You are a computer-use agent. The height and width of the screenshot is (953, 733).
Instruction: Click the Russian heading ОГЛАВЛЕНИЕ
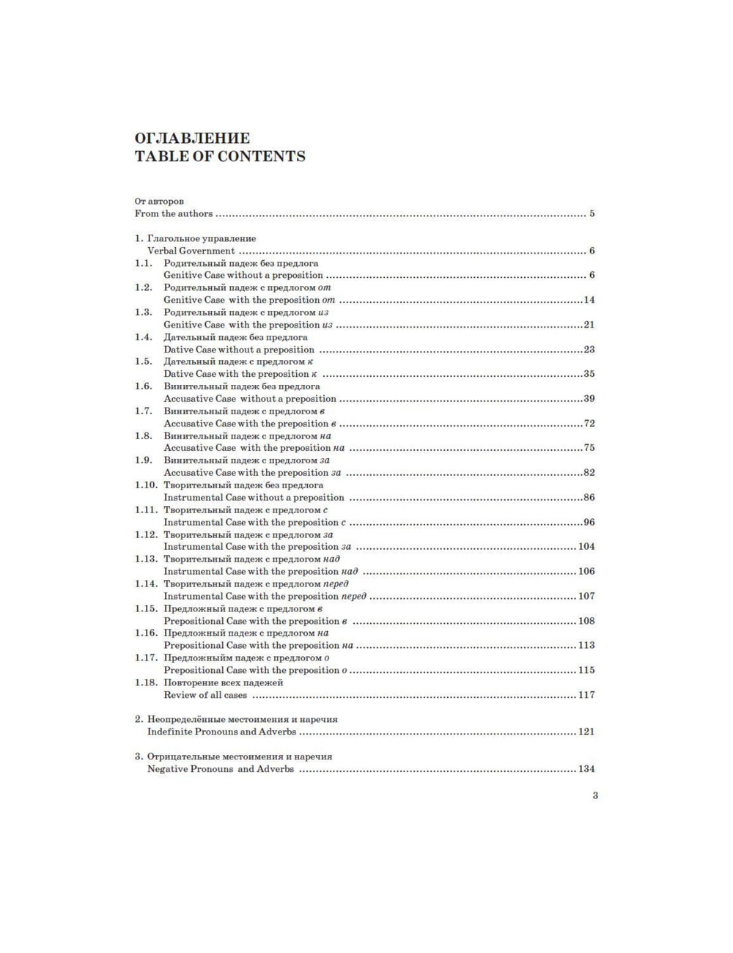click(192, 138)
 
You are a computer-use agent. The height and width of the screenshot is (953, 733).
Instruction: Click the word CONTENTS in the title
click(262, 156)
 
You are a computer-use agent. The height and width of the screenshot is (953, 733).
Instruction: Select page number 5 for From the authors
click(592, 214)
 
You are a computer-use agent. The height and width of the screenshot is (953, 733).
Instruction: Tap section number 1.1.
click(144, 263)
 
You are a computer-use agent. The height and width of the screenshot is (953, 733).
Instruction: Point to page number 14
click(589, 300)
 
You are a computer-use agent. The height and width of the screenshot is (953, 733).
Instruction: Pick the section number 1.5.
click(144, 361)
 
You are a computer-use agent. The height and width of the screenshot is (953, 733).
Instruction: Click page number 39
click(589, 399)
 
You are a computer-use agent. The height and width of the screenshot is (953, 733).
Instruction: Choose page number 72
click(589, 424)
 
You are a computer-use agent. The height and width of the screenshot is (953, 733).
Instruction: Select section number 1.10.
click(146, 485)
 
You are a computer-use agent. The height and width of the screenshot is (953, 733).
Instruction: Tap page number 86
click(589, 498)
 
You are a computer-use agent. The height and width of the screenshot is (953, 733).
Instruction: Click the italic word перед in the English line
click(354, 596)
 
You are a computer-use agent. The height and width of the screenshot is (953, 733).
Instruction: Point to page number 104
click(586, 547)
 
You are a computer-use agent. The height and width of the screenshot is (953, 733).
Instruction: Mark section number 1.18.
click(146, 682)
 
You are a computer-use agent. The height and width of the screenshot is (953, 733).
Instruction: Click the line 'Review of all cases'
click(205, 695)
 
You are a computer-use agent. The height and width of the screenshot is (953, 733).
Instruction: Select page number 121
click(586, 732)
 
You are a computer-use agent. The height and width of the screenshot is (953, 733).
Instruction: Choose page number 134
click(586, 769)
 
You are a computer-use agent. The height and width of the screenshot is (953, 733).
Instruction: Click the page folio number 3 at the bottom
click(594, 795)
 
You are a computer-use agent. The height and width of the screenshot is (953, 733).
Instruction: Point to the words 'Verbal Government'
click(191, 251)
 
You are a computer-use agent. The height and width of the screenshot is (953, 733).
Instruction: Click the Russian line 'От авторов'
click(159, 202)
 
